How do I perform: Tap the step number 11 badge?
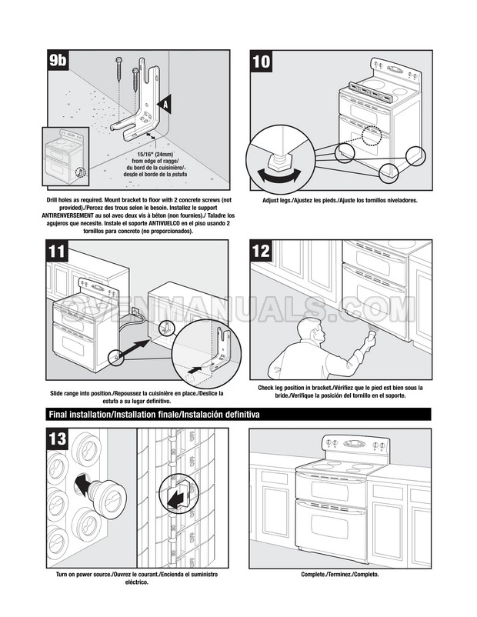click(x=58, y=252)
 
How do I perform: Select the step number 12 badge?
click(x=262, y=252)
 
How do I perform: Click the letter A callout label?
click(x=165, y=102)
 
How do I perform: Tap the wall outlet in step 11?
click(x=135, y=311)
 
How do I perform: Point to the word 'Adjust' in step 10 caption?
click(x=272, y=200)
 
